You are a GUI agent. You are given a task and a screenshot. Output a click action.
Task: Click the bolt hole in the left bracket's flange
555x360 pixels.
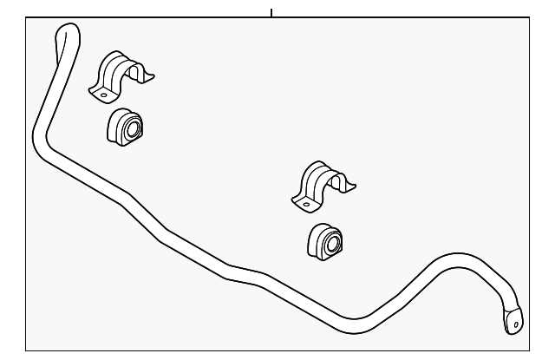click(101, 91)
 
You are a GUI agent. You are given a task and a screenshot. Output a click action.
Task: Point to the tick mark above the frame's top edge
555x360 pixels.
click(271, 12)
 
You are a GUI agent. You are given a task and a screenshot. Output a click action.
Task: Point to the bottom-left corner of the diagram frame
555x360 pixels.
click(25, 350)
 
